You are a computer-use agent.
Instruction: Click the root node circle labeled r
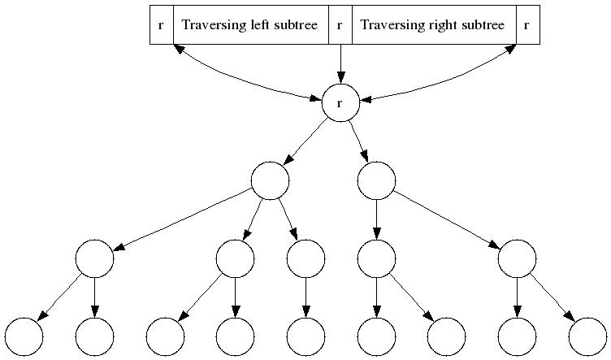340,103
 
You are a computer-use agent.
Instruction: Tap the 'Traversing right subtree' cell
432,24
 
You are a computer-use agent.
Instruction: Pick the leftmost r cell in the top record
161,24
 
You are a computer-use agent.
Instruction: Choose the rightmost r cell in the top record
526,24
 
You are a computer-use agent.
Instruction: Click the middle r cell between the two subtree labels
340,24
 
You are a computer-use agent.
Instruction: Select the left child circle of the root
270,181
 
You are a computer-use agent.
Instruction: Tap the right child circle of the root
376,181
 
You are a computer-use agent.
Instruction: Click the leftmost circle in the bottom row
24,337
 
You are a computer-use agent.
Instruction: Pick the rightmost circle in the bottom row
588,337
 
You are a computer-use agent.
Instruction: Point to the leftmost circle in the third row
94,259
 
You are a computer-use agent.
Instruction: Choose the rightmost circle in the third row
517,259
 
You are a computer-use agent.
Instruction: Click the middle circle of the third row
305,259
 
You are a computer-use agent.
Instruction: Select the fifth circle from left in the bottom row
305,337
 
